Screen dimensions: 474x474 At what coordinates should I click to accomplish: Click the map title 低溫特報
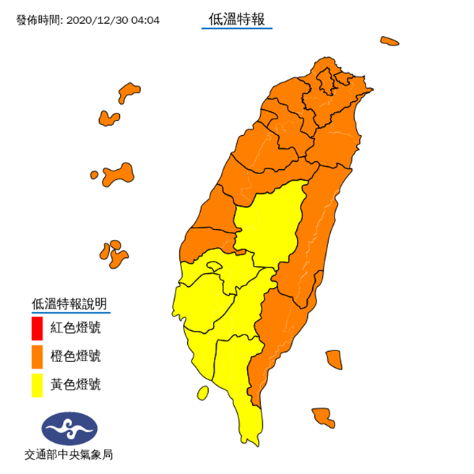click(x=236, y=20)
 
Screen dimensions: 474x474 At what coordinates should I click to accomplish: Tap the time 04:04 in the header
click(x=145, y=20)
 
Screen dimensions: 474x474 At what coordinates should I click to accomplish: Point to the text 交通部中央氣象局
click(x=69, y=455)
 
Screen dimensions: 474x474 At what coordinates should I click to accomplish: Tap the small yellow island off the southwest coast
click(x=203, y=392)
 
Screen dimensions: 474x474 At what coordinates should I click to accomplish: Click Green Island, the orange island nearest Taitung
click(x=333, y=358)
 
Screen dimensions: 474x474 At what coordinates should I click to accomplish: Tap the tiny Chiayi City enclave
click(x=212, y=267)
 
